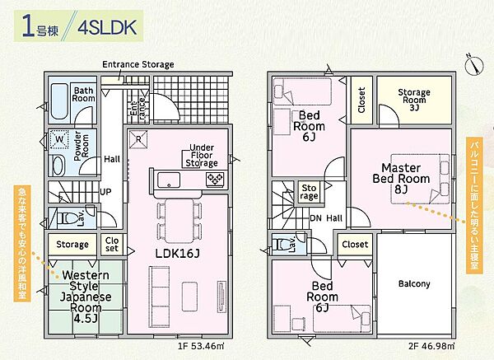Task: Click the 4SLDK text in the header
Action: [x=107, y=28]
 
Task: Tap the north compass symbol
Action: [x=474, y=66]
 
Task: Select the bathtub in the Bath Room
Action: [x=59, y=101]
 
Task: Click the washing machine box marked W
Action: [x=59, y=139]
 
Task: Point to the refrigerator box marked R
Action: [x=138, y=138]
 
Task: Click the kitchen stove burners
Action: [x=215, y=180]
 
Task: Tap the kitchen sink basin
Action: [x=169, y=180]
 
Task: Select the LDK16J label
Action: [x=178, y=253]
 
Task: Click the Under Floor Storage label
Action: [x=202, y=156]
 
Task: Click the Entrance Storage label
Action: [x=138, y=64]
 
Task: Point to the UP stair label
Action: [x=105, y=192]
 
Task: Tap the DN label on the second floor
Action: [x=315, y=218]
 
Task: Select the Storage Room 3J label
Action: [x=414, y=100]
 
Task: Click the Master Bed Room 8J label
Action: [x=401, y=179]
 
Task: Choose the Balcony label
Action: [x=414, y=283]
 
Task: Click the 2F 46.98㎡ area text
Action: [x=431, y=346]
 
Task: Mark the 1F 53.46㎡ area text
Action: [x=201, y=346]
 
